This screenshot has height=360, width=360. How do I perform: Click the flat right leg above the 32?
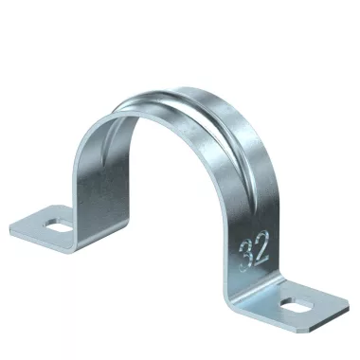[246, 208]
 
